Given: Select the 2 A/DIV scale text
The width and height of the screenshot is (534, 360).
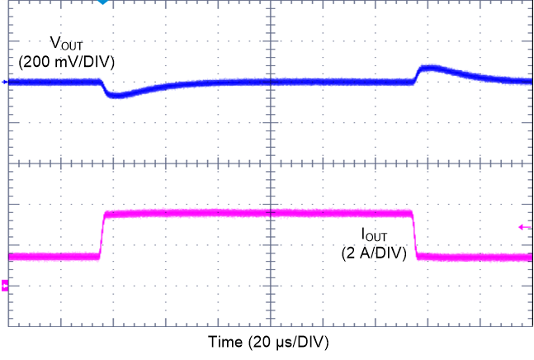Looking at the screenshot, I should pyautogui.click(x=375, y=254).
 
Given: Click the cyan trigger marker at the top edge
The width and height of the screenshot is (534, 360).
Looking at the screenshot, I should pyautogui.click(x=102, y=2).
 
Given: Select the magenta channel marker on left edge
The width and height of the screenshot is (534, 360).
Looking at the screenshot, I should pyautogui.click(x=5, y=286).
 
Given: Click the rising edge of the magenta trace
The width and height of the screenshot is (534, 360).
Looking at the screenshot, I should pyautogui.click(x=102, y=235).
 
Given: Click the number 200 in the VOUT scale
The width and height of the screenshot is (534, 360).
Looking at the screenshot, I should pyautogui.click(x=35, y=61).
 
